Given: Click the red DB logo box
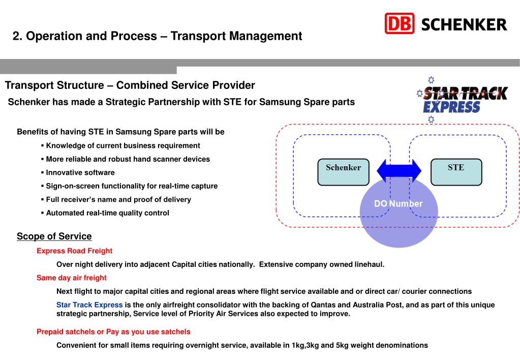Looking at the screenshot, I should point(400,23).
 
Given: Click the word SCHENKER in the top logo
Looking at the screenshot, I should point(464,24).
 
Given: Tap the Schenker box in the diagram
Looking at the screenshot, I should point(343,171).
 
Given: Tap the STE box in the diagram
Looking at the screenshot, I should point(455,171).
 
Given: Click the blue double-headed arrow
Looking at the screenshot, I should point(399,171).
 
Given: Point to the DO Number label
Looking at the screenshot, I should point(398,204).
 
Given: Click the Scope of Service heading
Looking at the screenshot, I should point(54,236).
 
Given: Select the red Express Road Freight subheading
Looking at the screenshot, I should point(74,251).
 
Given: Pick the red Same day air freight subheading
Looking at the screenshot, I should point(71,278).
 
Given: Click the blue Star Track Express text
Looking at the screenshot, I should point(89,305).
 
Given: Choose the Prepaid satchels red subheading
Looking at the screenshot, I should point(113,332).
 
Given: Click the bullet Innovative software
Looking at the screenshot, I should point(80,172).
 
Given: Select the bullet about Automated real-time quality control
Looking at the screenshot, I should point(107,213).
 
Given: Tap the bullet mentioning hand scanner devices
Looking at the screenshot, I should point(128,159).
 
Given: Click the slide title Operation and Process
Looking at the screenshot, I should point(158,36).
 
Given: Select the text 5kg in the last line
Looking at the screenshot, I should point(343,345).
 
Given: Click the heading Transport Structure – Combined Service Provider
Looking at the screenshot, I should point(130,85).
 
